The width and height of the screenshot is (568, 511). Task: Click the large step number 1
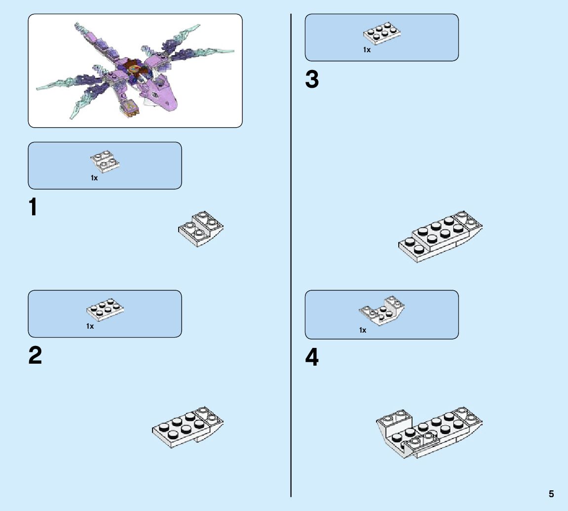33,207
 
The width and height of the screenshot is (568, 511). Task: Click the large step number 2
35,356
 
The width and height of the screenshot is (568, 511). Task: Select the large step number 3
312,80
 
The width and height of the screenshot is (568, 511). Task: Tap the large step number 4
312,358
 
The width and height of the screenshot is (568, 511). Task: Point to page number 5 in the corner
551,494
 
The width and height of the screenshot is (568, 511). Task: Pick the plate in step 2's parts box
105,308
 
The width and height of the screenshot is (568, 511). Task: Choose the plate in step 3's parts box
382,32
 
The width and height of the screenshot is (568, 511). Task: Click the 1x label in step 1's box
94,178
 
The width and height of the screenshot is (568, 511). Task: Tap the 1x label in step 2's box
90,326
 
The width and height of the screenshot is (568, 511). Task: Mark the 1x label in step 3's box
367,50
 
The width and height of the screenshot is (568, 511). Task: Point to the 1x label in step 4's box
363,330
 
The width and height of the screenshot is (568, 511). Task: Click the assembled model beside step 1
200,229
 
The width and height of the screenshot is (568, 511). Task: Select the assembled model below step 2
188,426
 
